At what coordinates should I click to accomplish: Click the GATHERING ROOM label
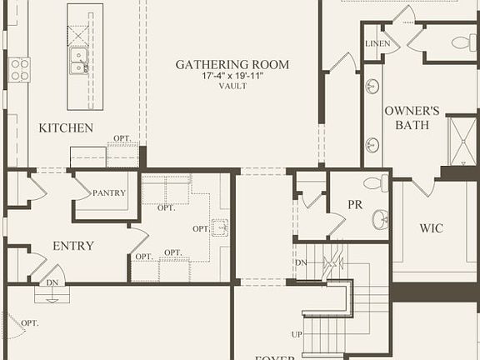tap(232, 64)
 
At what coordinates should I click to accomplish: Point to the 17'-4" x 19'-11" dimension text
tap(232, 76)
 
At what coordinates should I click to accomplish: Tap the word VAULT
tap(232, 86)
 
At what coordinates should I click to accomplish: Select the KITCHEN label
tap(66, 128)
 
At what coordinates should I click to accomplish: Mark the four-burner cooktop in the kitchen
tap(19, 69)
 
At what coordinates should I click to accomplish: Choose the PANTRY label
tap(109, 193)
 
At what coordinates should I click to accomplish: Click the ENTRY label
tap(73, 246)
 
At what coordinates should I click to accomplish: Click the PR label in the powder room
tap(355, 204)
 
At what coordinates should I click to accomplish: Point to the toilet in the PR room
tap(376, 183)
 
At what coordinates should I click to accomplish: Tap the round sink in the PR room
tap(379, 220)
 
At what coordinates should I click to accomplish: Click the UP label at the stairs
tap(297, 334)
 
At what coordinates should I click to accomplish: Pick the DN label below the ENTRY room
tap(52, 282)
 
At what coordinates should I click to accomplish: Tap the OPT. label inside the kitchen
tap(122, 138)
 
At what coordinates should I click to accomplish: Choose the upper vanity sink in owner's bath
tap(372, 86)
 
